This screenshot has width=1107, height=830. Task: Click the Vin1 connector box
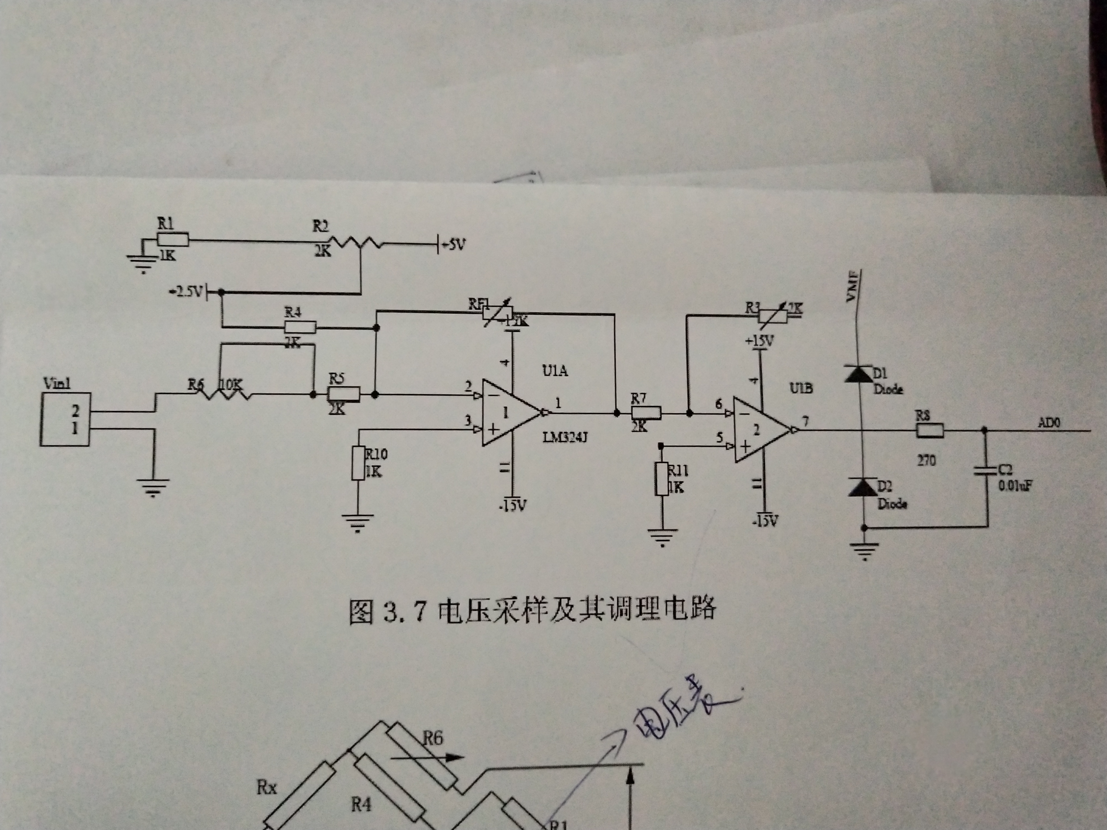pos(65,419)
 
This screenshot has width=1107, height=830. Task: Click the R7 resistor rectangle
pos(645,413)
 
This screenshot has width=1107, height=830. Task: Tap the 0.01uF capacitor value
pos(1015,485)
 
